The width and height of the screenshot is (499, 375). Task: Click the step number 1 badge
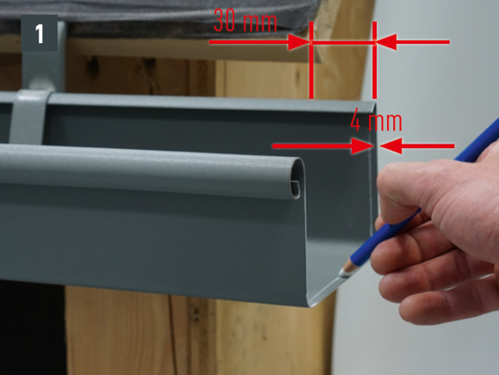pos(39,33)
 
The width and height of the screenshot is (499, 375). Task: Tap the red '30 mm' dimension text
pos(245,21)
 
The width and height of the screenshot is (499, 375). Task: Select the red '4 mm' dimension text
pos(376,121)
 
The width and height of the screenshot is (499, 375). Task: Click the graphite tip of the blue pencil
pos(343,274)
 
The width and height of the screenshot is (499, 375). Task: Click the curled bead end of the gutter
pos(296,179)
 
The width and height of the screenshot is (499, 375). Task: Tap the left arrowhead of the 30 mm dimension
pos(299,41)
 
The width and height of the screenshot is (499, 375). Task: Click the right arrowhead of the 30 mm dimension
pos(386,41)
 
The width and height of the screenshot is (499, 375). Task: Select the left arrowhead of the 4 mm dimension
pos(362,146)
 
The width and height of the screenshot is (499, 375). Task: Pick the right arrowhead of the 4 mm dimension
pos(391,146)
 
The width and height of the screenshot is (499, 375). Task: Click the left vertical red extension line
pos(311,60)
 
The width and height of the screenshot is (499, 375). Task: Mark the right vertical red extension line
pos(374,60)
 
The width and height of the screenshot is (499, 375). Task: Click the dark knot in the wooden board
pos(92,66)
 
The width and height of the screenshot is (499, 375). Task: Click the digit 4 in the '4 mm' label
pos(355,121)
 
